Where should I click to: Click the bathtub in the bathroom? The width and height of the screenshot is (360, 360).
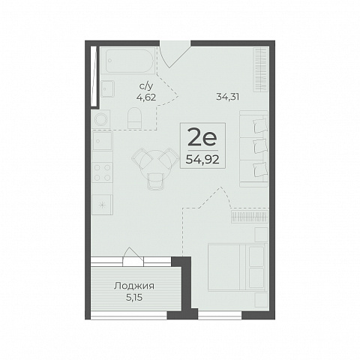[129, 61]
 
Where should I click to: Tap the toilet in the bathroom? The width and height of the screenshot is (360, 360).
[134, 118]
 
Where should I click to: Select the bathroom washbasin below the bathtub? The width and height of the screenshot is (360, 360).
[108, 88]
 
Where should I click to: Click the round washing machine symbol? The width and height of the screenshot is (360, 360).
[100, 119]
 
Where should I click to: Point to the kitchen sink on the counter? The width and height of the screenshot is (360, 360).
[102, 141]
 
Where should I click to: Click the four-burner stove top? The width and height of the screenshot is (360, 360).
[102, 172]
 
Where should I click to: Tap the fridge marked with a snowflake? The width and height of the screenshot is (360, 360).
[102, 205]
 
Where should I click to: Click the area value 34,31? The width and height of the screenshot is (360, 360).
[227, 97]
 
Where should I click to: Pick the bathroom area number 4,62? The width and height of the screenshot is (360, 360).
[146, 97]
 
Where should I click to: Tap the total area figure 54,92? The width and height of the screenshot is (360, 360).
[202, 159]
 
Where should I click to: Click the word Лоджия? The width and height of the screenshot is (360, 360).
[134, 286]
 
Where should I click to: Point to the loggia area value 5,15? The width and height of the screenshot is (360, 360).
[134, 298]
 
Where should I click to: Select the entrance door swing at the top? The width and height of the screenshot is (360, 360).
[175, 54]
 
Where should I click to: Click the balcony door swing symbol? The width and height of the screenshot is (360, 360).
[133, 256]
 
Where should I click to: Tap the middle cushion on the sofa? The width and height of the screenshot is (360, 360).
[259, 146]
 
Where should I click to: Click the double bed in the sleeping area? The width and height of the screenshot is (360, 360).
[238, 267]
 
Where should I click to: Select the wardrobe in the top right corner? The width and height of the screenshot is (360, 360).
[261, 70]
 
